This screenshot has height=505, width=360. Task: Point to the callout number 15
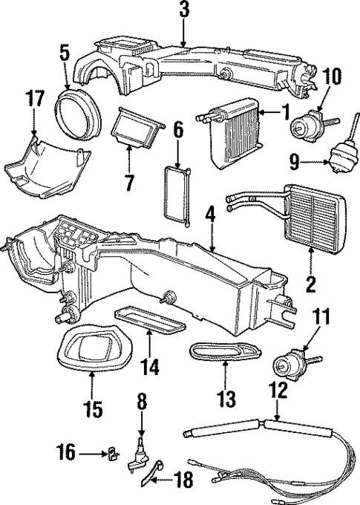pos(93,408)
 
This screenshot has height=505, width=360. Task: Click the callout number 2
pos(311,282)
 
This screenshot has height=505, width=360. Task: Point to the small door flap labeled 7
pos(135,128)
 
